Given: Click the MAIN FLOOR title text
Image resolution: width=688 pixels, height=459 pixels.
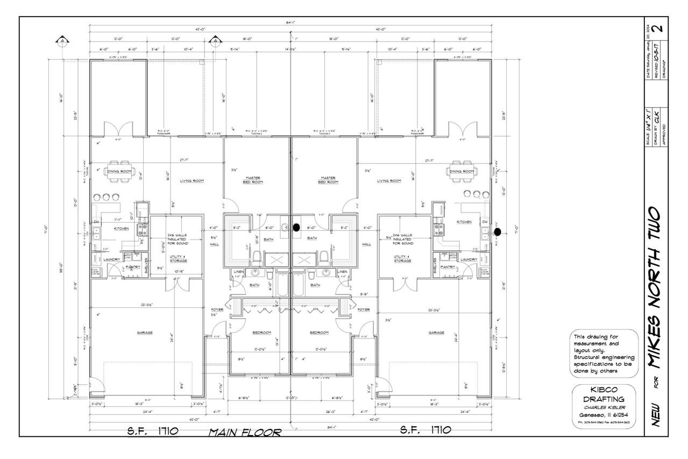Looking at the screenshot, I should [245, 432].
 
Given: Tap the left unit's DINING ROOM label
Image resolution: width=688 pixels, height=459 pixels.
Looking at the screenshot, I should [119, 172].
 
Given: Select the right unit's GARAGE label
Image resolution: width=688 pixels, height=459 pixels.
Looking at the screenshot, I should [436, 333].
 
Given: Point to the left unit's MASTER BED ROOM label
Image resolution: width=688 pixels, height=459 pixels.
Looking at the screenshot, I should [253, 180].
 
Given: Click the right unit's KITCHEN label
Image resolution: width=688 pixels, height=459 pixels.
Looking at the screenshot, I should [464, 222].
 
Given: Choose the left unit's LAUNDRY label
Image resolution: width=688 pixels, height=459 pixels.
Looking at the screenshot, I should [112, 259].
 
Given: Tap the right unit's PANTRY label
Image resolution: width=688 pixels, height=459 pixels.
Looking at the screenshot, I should [448, 267].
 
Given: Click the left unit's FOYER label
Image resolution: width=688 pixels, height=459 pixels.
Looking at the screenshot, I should [217, 310].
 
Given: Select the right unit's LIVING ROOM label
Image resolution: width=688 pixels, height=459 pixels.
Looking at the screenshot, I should [390, 181].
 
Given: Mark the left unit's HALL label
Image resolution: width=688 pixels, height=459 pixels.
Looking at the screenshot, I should [214, 244].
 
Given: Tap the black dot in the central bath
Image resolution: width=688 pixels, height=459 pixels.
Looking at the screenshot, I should [295, 227].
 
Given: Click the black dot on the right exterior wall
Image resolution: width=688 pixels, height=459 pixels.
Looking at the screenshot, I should [498, 232].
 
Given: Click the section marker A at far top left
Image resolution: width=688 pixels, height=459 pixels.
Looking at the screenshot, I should [63, 40].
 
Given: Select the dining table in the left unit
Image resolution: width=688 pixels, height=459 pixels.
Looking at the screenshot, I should [119, 166].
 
